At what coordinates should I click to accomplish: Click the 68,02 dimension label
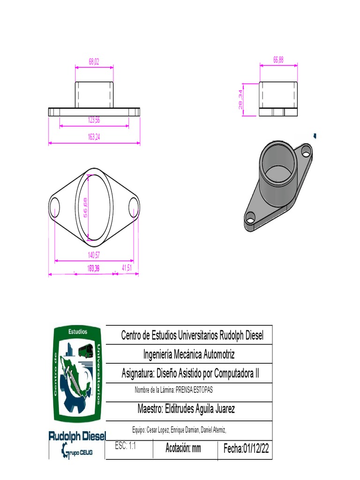pyautogui.click(x=94, y=61)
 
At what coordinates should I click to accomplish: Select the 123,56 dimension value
pyautogui.click(x=94, y=120)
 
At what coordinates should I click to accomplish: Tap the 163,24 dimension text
pyautogui.click(x=94, y=137)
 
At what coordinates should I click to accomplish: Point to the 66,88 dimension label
pyautogui.click(x=278, y=60)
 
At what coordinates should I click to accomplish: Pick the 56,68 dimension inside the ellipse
pyautogui.click(x=86, y=207)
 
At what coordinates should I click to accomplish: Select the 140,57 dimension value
pyautogui.click(x=94, y=255)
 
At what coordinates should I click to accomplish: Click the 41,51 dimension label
pyautogui.click(x=127, y=268)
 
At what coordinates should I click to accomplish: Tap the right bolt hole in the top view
pyautogui.click(x=134, y=207)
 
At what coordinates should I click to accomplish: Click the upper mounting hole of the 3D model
pyautogui.click(x=306, y=151)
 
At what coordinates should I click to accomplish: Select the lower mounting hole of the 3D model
pyautogui.click(x=250, y=218)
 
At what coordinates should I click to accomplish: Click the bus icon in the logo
pyautogui.click(x=85, y=351)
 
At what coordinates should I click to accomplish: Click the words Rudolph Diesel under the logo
pyautogui.click(x=77, y=436)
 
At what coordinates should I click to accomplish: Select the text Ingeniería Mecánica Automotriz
pyautogui.click(x=188, y=354)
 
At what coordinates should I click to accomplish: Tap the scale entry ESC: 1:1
pyautogui.click(x=125, y=447)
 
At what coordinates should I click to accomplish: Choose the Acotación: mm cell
pyautogui.click(x=183, y=449)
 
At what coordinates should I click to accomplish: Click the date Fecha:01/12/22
pyautogui.click(x=246, y=449)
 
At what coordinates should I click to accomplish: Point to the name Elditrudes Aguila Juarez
pyautogui.click(x=186, y=409)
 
